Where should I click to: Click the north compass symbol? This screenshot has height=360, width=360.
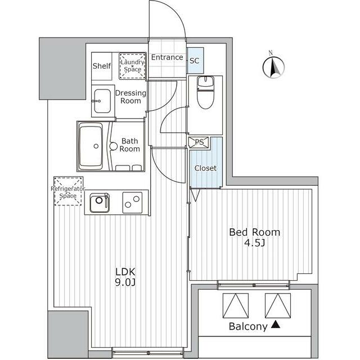pyautogui.click(x=273, y=67)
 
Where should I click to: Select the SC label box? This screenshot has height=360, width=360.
pyautogui.click(x=195, y=60)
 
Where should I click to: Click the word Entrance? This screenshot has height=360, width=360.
pyautogui.click(x=167, y=57)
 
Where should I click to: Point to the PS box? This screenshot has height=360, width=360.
pyautogui.click(x=199, y=142)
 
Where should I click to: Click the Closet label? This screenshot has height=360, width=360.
pyautogui.click(x=205, y=168)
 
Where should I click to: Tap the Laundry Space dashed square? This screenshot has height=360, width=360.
pyautogui.click(x=133, y=65)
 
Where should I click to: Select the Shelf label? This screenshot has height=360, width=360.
pyautogui.click(x=102, y=66)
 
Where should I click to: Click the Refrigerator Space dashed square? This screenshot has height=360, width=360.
pyautogui.click(x=68, y=191)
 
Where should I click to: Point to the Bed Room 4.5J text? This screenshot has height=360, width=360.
pyautogui.click(x=254, y=237)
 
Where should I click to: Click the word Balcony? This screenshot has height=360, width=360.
pyautogui.click(x=248, y=326)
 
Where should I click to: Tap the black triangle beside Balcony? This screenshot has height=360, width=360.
pyautogui.click(x=275, y=325)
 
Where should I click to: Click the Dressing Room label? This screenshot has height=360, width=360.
pyautogui.click(x=130, y=97)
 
